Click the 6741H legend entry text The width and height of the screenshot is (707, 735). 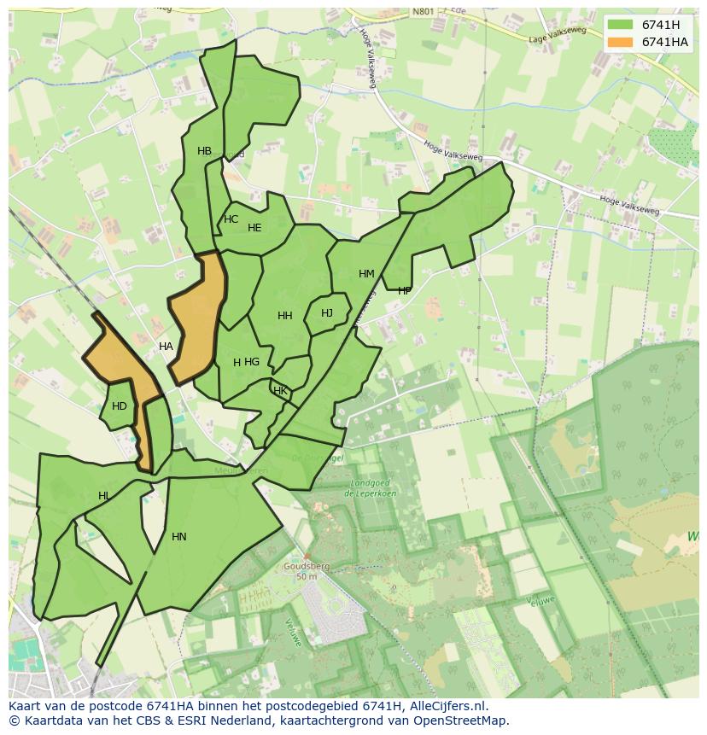point(660,25)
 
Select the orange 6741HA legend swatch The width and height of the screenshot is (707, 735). point(621,42)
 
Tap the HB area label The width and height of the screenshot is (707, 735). point(204,152)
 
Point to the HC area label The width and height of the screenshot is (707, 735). point(231,219)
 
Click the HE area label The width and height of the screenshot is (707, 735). point(254,228)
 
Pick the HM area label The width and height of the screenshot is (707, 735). point(366,274)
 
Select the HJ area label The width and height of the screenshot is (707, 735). point(327,313)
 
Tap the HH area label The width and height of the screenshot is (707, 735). point(285,316)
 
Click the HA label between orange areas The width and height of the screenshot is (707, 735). point(166,347)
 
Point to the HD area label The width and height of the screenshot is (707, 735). point(120,406)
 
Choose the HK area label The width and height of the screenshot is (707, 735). point(280,392)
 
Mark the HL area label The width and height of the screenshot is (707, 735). point(104,496)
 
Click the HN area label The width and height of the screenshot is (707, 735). point(178,537)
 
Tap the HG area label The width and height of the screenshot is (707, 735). point(252,362)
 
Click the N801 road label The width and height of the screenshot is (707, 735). point(423,12)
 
